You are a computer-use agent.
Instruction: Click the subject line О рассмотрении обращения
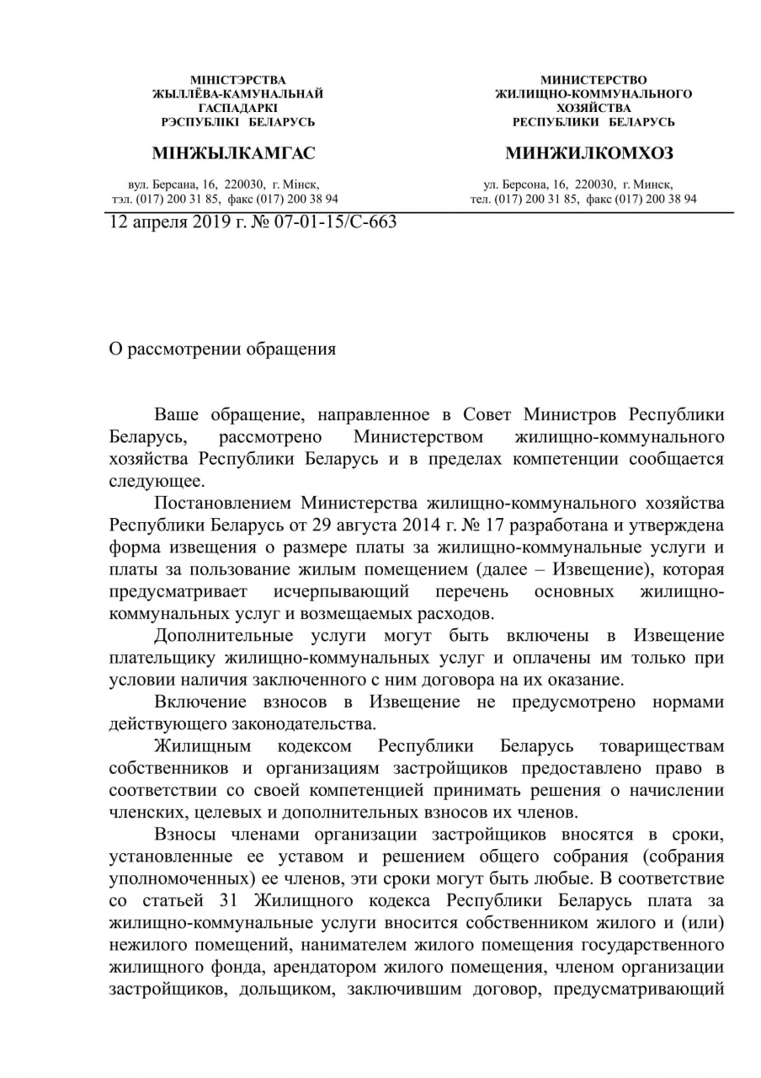(x=222, y=350)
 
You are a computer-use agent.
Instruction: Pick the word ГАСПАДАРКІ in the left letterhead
(x=237, y=108)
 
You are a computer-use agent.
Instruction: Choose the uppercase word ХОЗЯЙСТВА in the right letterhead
(x=593, y=108)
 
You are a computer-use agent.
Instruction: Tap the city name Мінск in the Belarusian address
(x=302, y=184)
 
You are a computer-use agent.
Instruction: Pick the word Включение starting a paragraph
(x=200, y=702)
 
